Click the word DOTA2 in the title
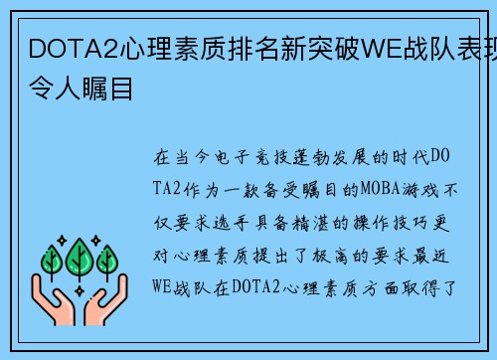pyautogui.click(x=59, y=48)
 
